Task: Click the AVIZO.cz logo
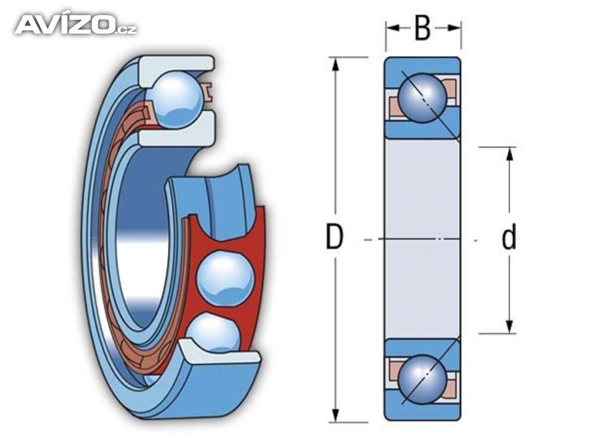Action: [x=76, y=24]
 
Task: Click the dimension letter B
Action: [x=423, y=28]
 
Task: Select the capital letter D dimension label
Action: [x=334, y=237]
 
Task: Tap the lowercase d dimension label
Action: [x=509, y=236]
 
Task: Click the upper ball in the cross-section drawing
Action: [x=423, y=98]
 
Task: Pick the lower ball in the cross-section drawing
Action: [x=423, y=380]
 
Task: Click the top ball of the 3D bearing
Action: [x=176, y=99]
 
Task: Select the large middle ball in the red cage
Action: [x=225, y=278]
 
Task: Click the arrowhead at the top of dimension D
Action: [x=335, y=64]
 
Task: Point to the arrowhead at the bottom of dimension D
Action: [x=335, y=415]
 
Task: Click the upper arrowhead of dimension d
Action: [x=509, y=154]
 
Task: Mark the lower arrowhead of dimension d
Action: [x=509, y=327]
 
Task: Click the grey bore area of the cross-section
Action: [x=423, y=239]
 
